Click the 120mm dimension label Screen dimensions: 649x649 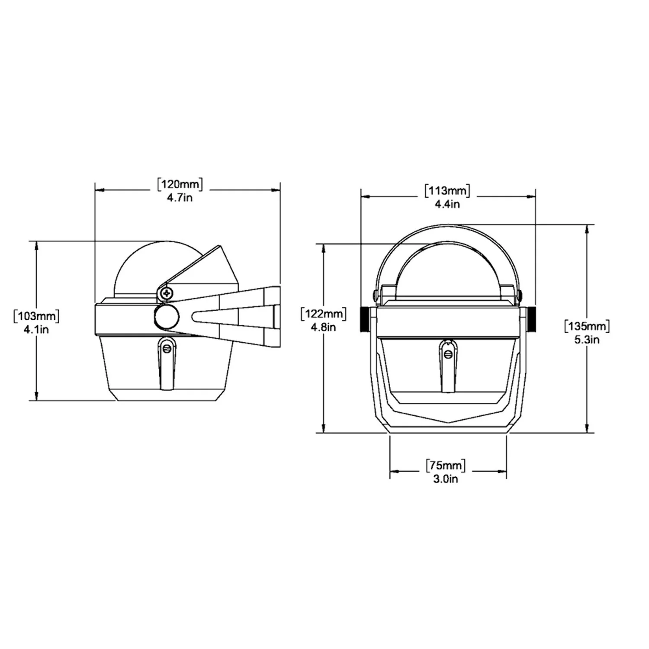coord(180,185)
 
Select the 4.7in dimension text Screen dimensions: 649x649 coord(180,198)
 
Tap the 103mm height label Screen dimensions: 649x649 coord(37,316)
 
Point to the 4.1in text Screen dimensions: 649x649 coord(36,329)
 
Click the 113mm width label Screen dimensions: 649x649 coord(447,190)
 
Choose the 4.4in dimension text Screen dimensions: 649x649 coord(447,204)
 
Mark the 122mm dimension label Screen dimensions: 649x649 coord(324,314)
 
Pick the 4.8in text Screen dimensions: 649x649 coord(324,327)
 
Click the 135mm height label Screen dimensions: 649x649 coord(587,326)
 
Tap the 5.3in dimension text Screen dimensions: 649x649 coord(587,340)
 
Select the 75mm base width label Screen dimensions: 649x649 coord(446,466)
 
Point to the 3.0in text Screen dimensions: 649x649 coord(446,479)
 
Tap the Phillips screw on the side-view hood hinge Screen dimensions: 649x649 coord(167,293)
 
